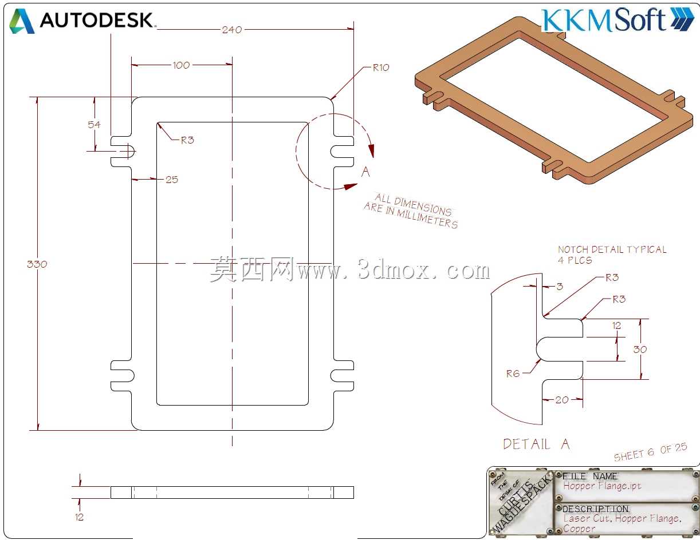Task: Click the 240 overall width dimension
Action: tap(231, 30)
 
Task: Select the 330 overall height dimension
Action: tap(37, 264)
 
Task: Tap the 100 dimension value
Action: tap(181, 65)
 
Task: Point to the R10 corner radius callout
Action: tap(381, 67)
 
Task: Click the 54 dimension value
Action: tap(94, 125)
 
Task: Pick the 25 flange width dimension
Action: tap(172, 180)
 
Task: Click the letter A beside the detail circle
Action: tap(365, 172)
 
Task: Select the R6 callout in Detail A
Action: tap(513, 374)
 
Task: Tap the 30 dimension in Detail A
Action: tap(640, 350)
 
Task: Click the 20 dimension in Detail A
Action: tap(562, 400)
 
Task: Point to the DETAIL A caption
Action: tap(536, 444)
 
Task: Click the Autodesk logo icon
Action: tap(22, 21)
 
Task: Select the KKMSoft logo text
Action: tap(603, 19)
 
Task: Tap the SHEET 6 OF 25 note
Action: tap(650, 452)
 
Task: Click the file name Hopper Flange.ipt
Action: tap(602, 485)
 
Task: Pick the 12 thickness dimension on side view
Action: tap(79, 517)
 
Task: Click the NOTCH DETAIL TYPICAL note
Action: tap(612, 249)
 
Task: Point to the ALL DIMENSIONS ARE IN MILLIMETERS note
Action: tap(411, 211)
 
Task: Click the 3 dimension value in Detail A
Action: tap(560, 286)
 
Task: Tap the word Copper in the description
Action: tap(579, 529)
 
